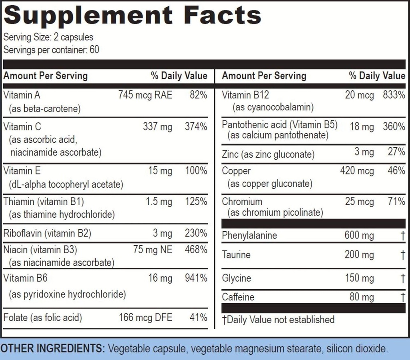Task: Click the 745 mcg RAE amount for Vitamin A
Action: coord(145,95)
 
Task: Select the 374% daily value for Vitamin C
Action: coord(196,127)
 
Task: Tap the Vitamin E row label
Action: coord(22,171)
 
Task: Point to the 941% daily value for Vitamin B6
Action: coord(196,278)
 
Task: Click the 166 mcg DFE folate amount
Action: coord(145,318)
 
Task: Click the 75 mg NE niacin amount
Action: coord(153,250)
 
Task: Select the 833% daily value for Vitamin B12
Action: coord(394,95)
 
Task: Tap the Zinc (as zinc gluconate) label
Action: coord(268,154)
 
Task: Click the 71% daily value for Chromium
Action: coord(396,202)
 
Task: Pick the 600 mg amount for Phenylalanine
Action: coord(359,235)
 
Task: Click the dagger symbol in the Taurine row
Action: coord(402,255)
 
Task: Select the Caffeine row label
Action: coord(238,297)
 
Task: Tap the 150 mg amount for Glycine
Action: coord(359,278)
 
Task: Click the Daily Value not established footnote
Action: coord(278,320)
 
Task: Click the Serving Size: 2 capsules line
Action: coord(48,37)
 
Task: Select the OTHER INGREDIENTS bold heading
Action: coord(52,348)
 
